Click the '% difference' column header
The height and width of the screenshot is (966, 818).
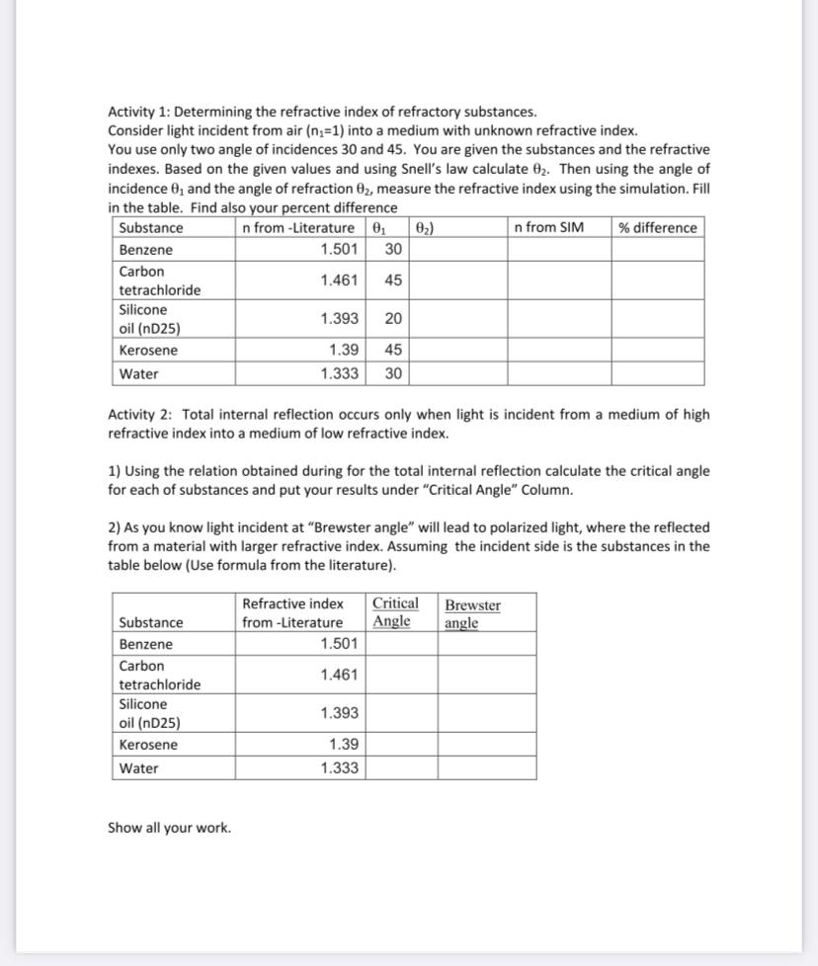point(658,228)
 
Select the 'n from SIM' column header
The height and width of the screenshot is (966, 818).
point(549,228)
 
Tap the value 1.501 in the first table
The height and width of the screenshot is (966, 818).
point(339,250)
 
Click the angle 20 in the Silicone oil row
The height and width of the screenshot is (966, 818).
point(392,319)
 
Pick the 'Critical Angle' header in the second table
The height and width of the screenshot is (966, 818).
point(394,612)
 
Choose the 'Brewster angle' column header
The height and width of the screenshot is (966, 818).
point(472,613)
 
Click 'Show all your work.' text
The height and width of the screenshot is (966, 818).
point(169,828)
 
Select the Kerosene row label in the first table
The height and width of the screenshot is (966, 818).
point(148,351)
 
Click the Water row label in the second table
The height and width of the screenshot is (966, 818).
point(138,768)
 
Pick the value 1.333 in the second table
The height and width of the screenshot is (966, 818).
point(339,768)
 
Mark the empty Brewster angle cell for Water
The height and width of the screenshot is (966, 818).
point(487,768)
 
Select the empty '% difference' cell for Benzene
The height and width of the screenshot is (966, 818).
point(657,250)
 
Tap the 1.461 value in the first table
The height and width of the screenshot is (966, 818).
point(339,281)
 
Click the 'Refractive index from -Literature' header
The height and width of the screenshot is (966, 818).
point(292,612)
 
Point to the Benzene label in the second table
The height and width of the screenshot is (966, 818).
point(145,644)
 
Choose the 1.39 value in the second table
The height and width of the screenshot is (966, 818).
point(343,745)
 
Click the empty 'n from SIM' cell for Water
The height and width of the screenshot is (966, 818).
point(558,374)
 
